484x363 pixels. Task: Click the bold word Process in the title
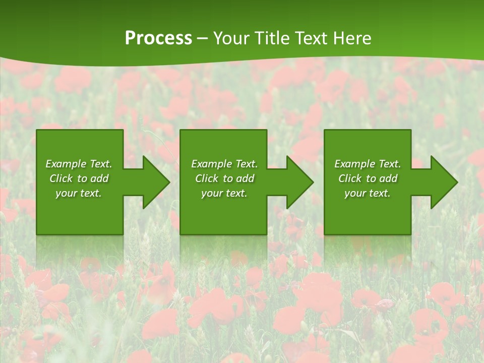[x=158, y=38]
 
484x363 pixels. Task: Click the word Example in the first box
[x=66, y=164]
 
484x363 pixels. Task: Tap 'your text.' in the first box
[x=79, y=193]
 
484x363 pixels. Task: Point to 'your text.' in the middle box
[x=224, y=193]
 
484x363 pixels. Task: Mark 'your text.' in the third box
[x=368, y=193]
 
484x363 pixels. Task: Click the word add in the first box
[x=99, y=178]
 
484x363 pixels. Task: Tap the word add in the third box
[x=388, y=178]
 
